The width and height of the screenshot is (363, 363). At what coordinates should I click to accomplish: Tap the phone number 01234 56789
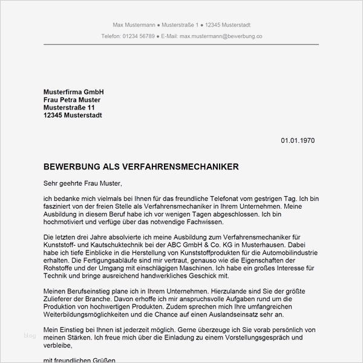coord(139,36)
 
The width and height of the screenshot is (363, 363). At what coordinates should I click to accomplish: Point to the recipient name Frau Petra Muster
coord(72,99)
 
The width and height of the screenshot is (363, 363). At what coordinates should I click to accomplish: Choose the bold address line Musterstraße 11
coord(69,107)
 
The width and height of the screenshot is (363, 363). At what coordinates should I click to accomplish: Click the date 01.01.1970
coord(298,140)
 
